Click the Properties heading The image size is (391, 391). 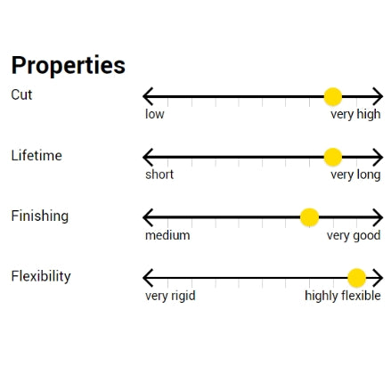69,65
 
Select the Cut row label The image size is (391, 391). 21,94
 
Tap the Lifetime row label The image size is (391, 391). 37,155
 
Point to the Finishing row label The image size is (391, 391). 40,216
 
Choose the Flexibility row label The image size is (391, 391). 41,276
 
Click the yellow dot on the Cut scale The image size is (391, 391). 333,97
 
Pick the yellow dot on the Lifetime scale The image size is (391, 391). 333,157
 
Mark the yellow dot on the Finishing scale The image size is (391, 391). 309,217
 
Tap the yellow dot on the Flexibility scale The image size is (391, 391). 356,278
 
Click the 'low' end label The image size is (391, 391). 154,114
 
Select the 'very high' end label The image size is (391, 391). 355,114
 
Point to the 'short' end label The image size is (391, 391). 159,175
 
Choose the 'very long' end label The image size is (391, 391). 355,175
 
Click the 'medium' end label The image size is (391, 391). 167,235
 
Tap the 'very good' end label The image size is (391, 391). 354,236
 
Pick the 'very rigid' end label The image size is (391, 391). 170,296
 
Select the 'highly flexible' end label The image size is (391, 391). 343,296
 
